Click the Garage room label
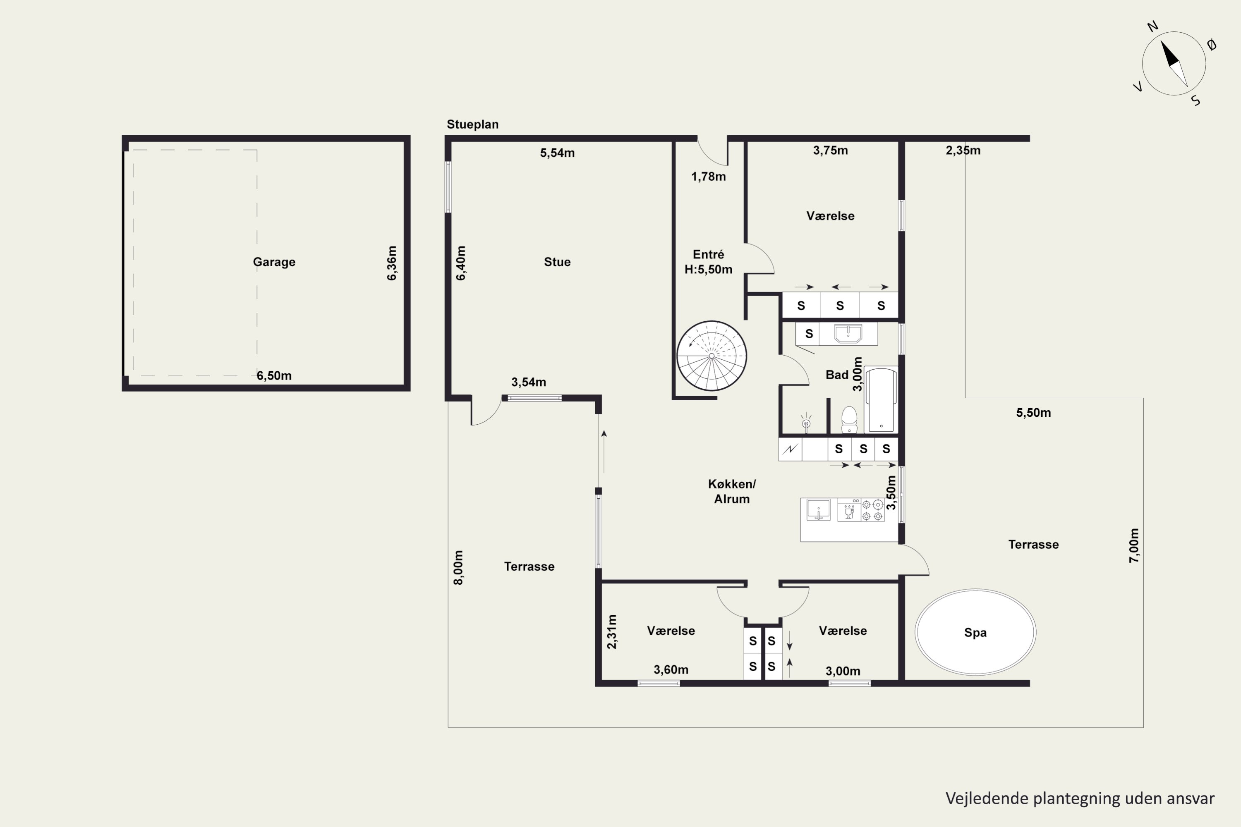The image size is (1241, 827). pyautogui.click(x=274, y=262)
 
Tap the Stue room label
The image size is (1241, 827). pyautogui.click(x=557, y=262)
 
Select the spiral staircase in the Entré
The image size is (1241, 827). pyautogui.click(x=712, y=356)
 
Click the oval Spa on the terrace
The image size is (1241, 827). pyautogui.click(x=975, y=632)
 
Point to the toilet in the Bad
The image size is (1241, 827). pyautogui.click(x=849, y=419)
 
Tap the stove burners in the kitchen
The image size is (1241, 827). pyautogui.click(x=872, y=510)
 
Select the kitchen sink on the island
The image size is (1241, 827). pyautogui.click(x=818, y=510)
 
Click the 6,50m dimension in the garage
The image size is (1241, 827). pyautogui.click(x=274, y=375)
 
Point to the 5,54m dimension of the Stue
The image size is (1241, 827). pyautogui.click(x=557, y=153)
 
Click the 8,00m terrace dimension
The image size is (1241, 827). pyautogui.click(x=458, y=567)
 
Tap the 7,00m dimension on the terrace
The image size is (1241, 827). pyautogui.click(x=1134, y=545)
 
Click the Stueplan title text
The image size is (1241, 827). pyautogui.click(x=473, y=124)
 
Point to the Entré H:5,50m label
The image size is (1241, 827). pyautogui.click(x=709, y=262)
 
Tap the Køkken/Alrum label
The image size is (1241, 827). pyautogui.click(x=732, y=492)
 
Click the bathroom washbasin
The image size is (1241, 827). pyautogui.click(x=848, y=334)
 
